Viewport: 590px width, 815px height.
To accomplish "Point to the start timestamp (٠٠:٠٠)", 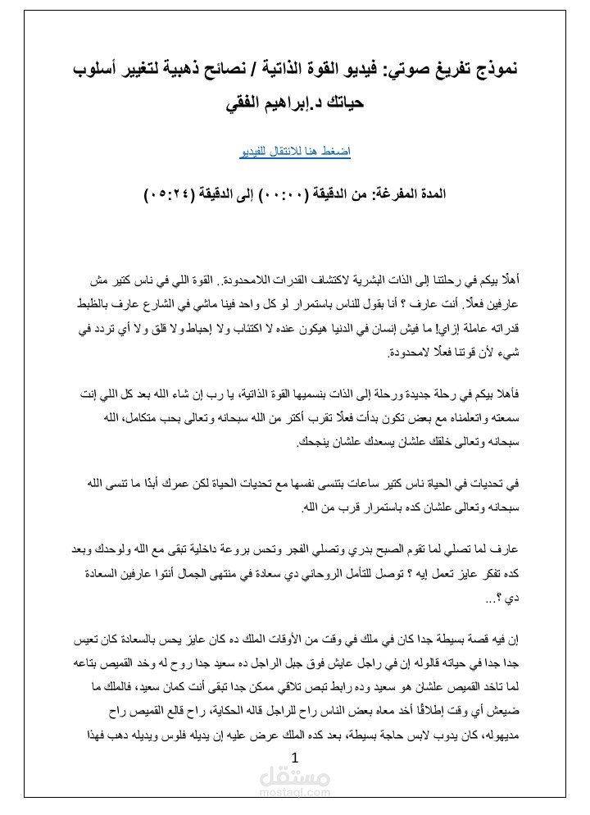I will click(285, 196).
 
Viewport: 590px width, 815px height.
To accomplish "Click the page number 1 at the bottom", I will click(295, 758).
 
